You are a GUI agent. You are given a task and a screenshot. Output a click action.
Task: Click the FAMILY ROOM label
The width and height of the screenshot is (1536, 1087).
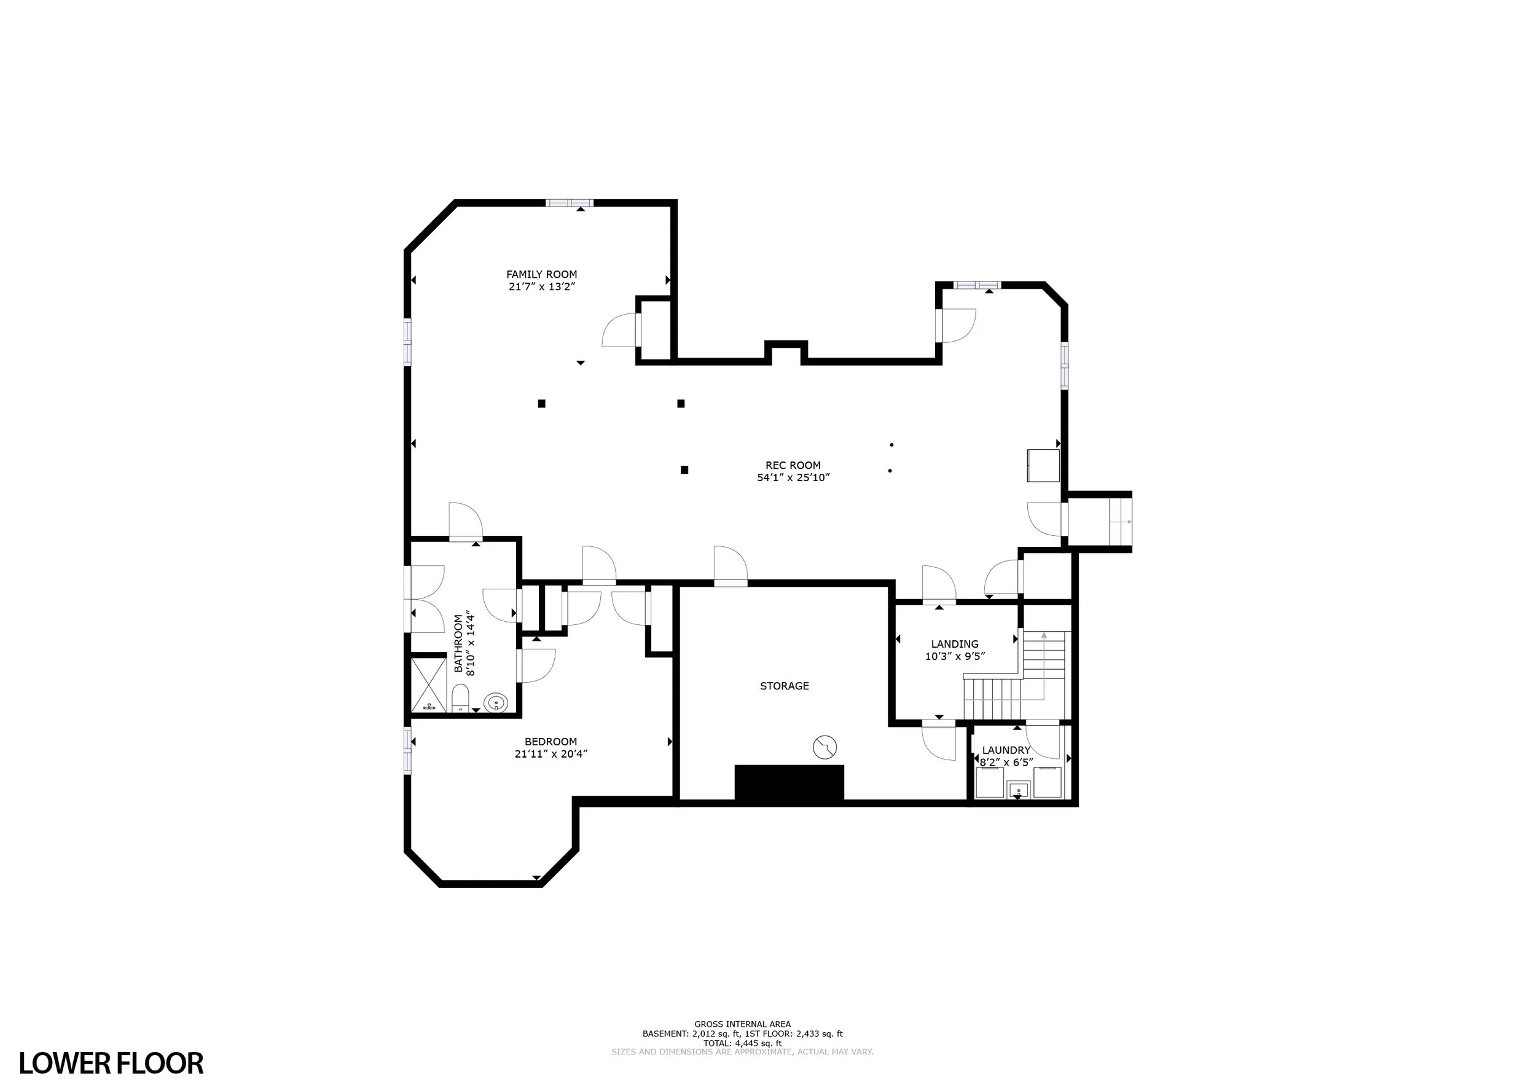pyautogui.click(x=541, y=274)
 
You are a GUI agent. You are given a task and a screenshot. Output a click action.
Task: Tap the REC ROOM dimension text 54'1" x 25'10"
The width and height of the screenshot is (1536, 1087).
pyautogui.click(x=793, y=477)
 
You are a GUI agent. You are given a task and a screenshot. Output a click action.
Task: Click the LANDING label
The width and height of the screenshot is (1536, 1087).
pyautogui.click(x=954, y=644)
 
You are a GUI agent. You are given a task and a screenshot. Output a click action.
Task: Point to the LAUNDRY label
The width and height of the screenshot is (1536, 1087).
pyautogui.click(x=1006, y=750)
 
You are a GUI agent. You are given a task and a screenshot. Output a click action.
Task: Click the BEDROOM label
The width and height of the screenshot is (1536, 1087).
pyautogui.click(x=551, y=741)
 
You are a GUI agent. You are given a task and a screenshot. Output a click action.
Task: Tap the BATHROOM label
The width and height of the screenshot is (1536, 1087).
pyautogui.click(x=458, y=644)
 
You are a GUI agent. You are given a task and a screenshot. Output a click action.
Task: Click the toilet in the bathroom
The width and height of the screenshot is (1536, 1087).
pyautogui.click(x=460, y=697)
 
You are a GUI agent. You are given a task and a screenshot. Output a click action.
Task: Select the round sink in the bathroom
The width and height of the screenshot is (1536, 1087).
pyautogui.click(x=496, y=703)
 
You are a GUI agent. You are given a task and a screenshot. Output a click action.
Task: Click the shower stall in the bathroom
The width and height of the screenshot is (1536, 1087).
pyautogui.click(x=428, y=685)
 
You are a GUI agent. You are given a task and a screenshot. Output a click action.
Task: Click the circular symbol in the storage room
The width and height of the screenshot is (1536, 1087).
pyautogui.click(x=825, y=747)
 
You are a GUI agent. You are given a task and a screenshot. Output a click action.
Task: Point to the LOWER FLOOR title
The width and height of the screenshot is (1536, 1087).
pyautogui.click(x=111, y=1063)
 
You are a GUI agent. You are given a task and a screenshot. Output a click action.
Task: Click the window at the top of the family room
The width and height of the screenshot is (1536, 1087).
pyautogui.click(x=569, y=203)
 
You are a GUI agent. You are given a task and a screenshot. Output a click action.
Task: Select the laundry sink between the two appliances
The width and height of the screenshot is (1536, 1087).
pyautogui.click(x=1018, y=790)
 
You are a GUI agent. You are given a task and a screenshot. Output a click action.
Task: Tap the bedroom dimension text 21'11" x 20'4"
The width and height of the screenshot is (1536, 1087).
pyautogui.click(x=551, y=754)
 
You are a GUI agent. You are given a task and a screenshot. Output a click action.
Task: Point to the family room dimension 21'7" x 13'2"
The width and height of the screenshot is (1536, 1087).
pyautogui.click(x=542, y=286)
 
